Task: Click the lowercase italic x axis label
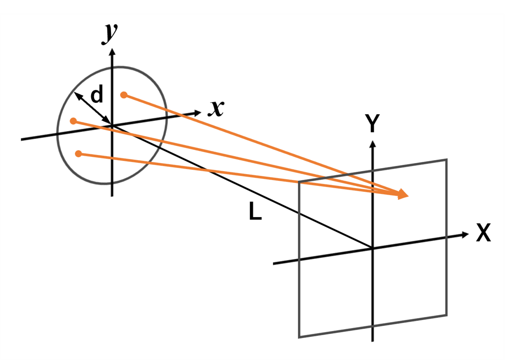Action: (x=216, y=108)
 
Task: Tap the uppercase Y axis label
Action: (x=372, y=123)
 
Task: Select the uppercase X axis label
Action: (x=483, y=233)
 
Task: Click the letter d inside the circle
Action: (x=97, y=94)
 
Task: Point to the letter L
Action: (x=255, y=211)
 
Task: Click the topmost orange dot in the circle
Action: (x=124, y=95)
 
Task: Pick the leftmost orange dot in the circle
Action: (x=73, y=121)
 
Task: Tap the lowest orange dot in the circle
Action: (x=78, y=154)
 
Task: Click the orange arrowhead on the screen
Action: (x=403, y=194)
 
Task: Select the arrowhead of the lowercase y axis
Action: (x=112, y=51)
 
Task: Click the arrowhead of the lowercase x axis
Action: (x=197, y=112)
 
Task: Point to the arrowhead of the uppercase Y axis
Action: (x=373, y=144)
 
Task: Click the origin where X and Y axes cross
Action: (x=372, y=248)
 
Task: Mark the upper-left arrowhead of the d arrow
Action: (x=78, y=96)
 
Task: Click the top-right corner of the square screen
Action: (x=447, y=159)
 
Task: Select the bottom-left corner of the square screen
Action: (x=299, y=337)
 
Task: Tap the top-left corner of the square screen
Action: (x=299, y=181)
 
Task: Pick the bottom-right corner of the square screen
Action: (x=447, y=315)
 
